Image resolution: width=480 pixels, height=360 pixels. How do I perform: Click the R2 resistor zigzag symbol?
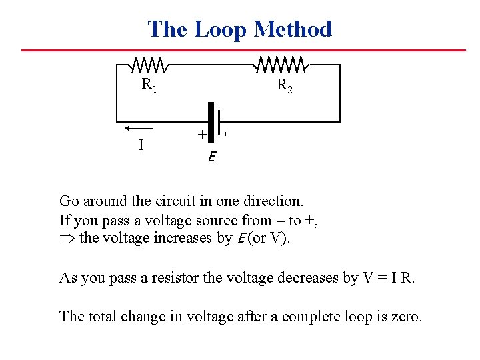point(281,65)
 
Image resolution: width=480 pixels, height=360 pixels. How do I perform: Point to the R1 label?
point(149,85)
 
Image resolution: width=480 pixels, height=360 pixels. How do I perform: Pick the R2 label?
point(285,85)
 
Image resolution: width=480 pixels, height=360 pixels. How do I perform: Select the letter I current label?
point(141,144)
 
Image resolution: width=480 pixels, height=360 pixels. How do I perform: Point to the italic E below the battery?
point(211,157)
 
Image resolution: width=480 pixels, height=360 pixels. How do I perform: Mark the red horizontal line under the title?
point(243,50)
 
